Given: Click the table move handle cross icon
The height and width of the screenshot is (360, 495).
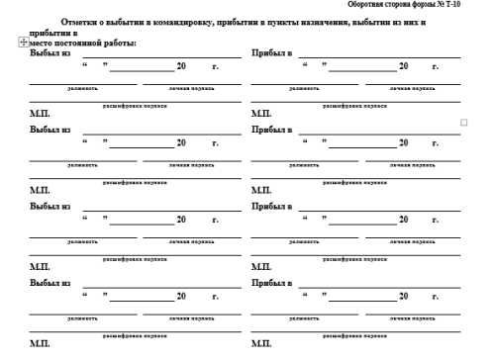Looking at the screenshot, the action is pos(23,43).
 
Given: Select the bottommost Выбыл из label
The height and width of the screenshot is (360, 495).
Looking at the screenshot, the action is pos(50,283).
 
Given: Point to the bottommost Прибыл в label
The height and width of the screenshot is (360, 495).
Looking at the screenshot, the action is pos(272,283).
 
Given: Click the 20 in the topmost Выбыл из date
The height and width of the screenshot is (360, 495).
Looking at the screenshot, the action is pos(180,66).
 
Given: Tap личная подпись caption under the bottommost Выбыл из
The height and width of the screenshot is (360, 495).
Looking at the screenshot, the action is pos(191,318).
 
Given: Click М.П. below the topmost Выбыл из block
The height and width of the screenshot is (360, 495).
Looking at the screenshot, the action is pos(40,113).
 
